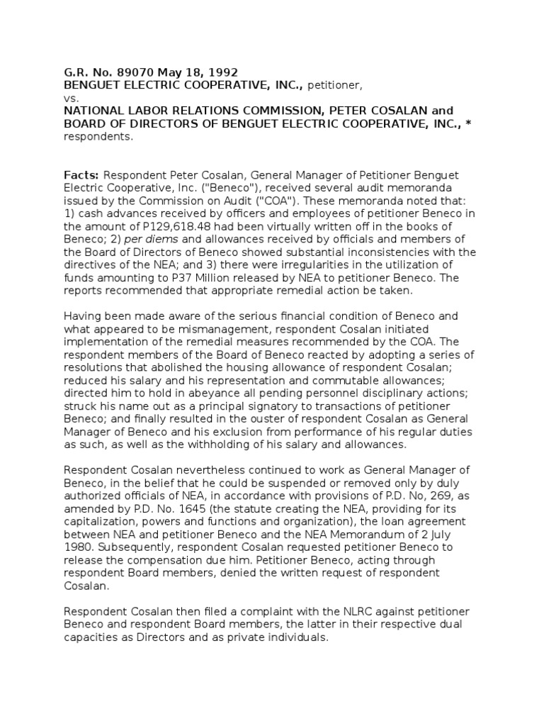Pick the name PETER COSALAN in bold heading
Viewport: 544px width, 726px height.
pyautogui.click(x=387, y=111)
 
